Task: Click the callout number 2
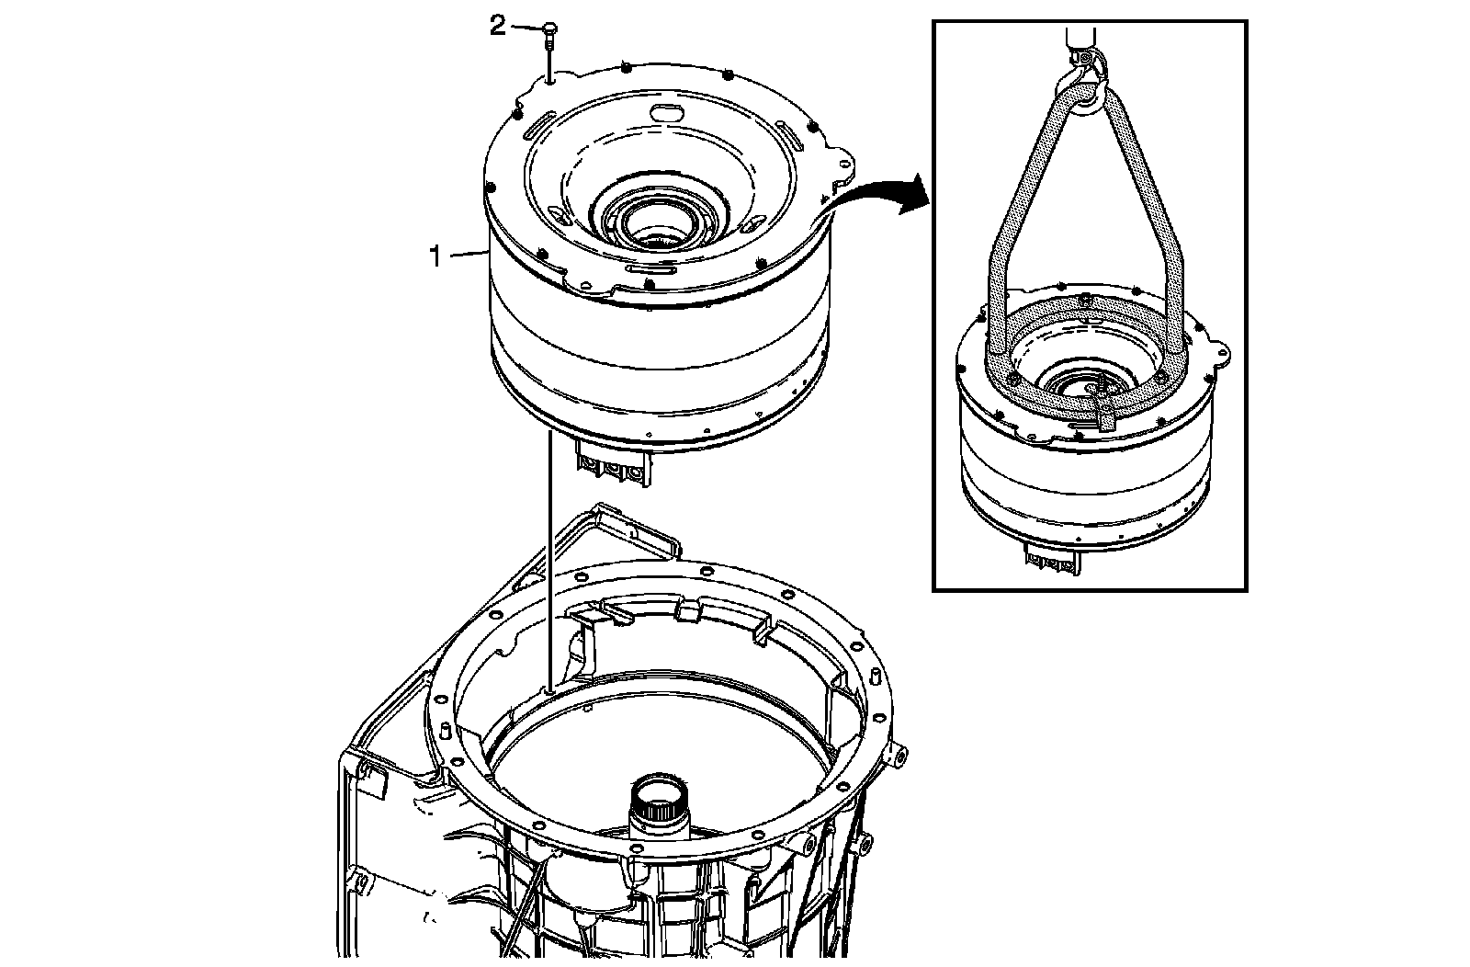[497, 27]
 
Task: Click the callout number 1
[438, 256]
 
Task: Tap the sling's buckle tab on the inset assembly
[1105, 418]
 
